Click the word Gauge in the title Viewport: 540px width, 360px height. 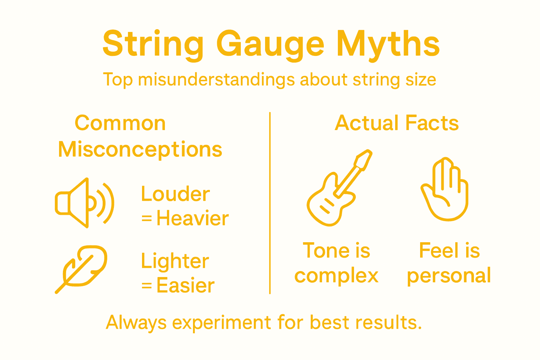(x=270, y=45)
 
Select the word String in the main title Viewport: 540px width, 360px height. (x=153, y=45)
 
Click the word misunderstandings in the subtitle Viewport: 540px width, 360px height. (x=216, y=80)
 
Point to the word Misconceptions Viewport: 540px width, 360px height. (x=140, y=149)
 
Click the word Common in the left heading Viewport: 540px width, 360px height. (x=120, y=123)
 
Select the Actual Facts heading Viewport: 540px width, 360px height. (x=397, y=123)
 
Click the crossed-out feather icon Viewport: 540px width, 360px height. (x=81, y=269)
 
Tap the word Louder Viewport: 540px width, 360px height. (x=175, y=194)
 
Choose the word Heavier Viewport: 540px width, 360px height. (x=193, y=218)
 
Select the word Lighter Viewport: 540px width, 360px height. (x=175, y=261)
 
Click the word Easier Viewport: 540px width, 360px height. (x=185, y=285)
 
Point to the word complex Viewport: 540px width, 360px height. (x=336, y=276)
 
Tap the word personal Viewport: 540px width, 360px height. (x=449, y=276)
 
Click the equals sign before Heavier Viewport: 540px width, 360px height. (x=147, y=219)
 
